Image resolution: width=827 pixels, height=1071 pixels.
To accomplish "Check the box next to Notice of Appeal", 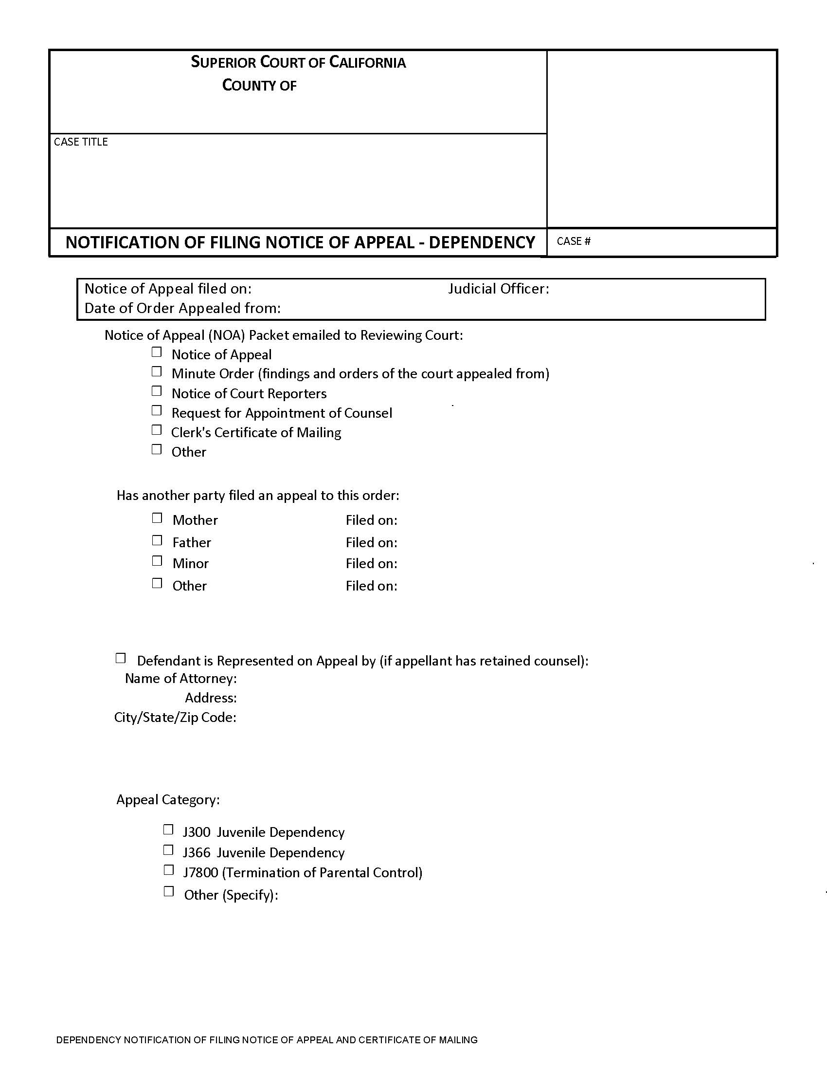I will click(x=156, y=352).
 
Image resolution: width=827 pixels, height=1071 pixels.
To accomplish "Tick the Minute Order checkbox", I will click(x=156, y=372).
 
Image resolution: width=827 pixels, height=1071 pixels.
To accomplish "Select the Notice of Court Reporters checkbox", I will click(x=156, y=391).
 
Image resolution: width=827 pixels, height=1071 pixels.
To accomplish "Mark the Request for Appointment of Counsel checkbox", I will click(x=156, y=410).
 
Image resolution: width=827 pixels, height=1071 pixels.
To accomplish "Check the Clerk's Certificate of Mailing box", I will click(x=156, y=430).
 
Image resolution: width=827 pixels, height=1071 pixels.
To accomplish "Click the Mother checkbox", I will click(x=157, y=518).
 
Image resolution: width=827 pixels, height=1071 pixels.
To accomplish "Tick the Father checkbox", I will click(x=157, y=540).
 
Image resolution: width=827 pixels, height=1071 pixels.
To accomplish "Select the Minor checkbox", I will click(x=157, y=561).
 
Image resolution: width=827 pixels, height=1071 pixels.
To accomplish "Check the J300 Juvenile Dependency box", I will click(x=168, y=830).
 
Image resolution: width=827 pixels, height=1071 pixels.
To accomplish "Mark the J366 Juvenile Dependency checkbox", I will click(x=168, y=850).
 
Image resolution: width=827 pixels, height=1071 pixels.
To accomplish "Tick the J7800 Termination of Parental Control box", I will click(x=168, y=870).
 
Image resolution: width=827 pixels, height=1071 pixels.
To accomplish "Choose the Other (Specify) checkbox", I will click(x=168, y=892).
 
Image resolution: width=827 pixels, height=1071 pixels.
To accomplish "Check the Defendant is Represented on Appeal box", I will click(x=121, y=658).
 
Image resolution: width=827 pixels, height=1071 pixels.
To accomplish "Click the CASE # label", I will click(x=573, y=241).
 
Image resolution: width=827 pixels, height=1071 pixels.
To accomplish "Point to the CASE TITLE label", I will click(x=81, y=142).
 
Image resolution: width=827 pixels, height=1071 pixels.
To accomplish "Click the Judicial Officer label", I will click(x=498, y=289).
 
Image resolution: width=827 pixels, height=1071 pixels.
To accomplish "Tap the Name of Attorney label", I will click(x=181, y=679).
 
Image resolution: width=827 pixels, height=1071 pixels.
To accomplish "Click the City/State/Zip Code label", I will click(x=176, y=718).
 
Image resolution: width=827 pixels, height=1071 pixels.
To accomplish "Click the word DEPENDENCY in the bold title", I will click(x=482, y=243).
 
